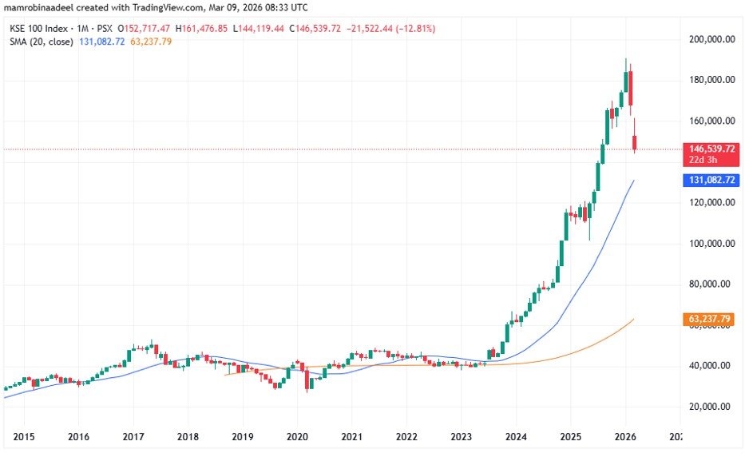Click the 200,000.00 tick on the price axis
tap(712, 39)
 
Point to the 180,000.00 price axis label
tap(712, 80)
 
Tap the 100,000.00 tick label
tap(712, 244)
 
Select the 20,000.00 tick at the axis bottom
tap(714, 407)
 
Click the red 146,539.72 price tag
tap(710, 149)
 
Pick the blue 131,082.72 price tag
tap(710, 181)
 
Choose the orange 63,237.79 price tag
tap(710, 320)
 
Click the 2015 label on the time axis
tap(23, 437)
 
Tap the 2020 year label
tap(297, 437)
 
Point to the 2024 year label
tap(516, 437)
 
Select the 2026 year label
tap(625, 437)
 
